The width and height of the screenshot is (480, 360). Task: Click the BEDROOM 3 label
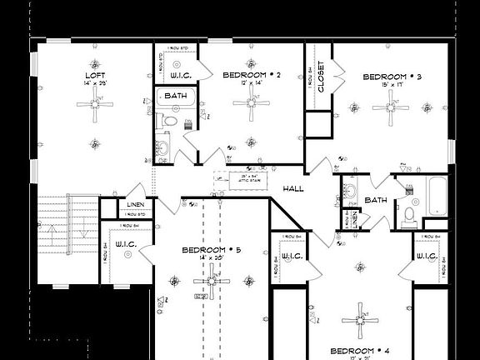click(392, 77)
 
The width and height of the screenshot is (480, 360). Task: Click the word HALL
click(292, 189)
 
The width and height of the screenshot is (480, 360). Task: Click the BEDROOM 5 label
click(212, 250)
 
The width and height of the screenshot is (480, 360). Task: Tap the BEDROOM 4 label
click(359, 350)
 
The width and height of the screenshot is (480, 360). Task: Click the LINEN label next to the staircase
click(135, 205)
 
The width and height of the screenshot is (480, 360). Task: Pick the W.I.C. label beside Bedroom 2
click(182, 75)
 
